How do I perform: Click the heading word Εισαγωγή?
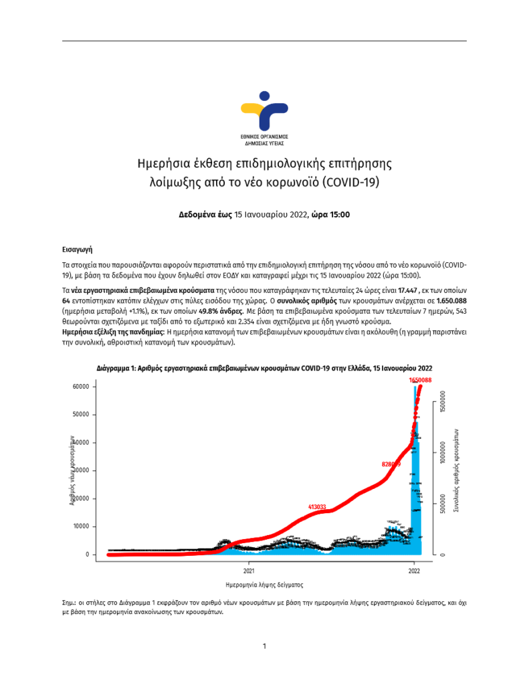[78, 249]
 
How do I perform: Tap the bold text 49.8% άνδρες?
[218, 312]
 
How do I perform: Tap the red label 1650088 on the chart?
[420, 380]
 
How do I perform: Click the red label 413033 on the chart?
[317, 507]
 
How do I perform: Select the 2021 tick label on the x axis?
[249, 571]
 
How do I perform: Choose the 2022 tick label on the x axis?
[415, 571]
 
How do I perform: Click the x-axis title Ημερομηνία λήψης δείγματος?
[265, 584]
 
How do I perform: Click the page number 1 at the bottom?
[265, 646]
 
